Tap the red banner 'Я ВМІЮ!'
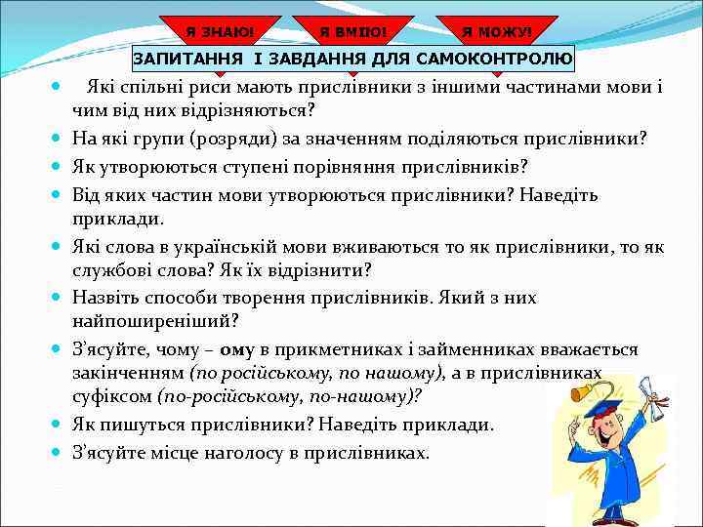pyautogui.click(x=352, y=31)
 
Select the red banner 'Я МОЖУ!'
pyautogui.click(x=497, y=31)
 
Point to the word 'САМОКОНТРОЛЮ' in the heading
pyautogui.click(x=494, y=60)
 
